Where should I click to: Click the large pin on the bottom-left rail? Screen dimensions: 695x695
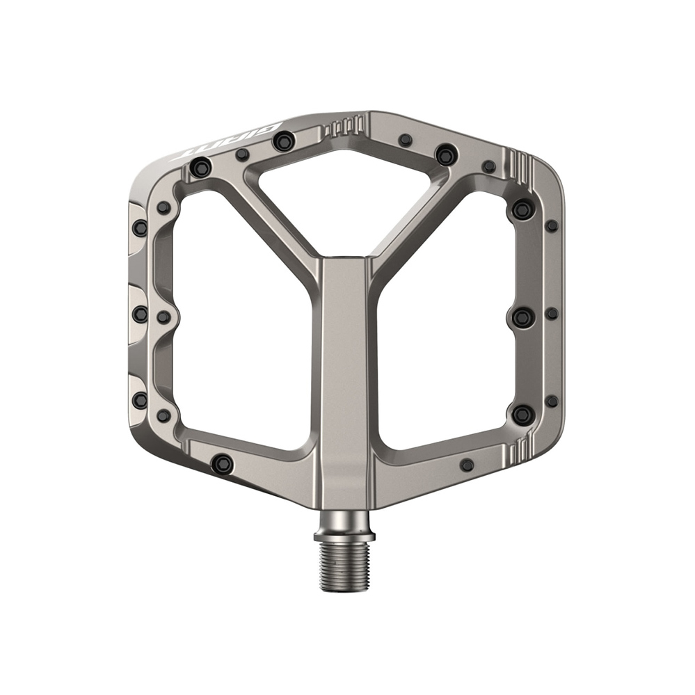coord(222,463)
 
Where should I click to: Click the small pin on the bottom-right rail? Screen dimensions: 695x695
coord(467,464)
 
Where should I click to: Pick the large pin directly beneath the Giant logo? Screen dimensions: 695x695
coord(200,167)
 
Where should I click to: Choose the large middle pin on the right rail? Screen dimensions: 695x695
coord(523,317)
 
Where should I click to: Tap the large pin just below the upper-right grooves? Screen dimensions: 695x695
coord(523,209)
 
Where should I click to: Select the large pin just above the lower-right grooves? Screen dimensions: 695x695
coord(523,415)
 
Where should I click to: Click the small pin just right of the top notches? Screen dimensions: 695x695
coord(406,141)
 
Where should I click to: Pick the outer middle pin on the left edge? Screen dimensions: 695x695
coord(140,314)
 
